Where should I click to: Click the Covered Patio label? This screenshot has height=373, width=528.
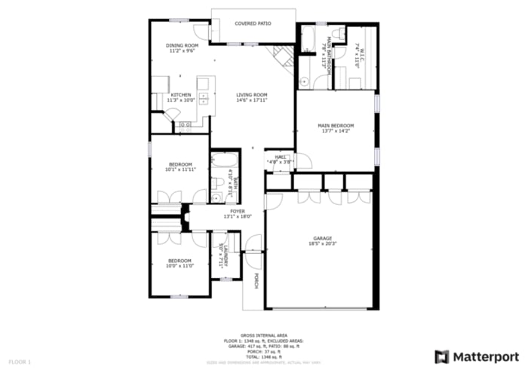tap(253, 23)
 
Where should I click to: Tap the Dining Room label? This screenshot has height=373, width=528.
tap(182, 46)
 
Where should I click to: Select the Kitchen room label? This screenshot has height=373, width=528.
tap(181, 95)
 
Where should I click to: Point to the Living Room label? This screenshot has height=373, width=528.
tap(252, 95)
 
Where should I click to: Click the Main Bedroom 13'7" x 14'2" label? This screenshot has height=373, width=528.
tap(336, 125)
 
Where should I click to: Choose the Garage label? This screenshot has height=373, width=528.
tap(323, 239)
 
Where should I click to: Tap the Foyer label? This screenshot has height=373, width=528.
tap(238, 211)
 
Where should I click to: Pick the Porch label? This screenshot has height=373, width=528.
tap(256, 281)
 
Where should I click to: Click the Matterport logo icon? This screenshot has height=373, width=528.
tap(443, 356)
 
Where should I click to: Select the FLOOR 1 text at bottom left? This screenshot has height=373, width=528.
tap(20, 362)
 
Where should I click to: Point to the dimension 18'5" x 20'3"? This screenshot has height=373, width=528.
tap(323, 244)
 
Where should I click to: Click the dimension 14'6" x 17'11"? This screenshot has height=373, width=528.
tap(252, 100)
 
